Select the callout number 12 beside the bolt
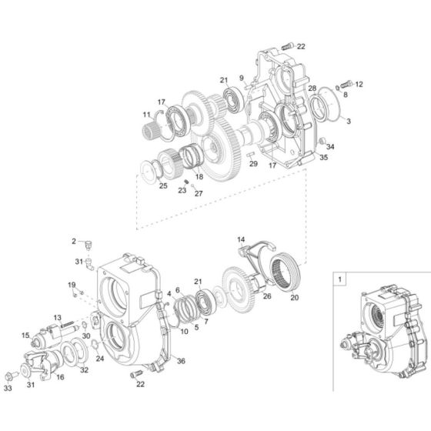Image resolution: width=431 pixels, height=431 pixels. (359, 84)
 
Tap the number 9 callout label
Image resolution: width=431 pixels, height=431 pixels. (241, 78)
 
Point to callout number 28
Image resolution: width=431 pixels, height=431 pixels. (312, 89)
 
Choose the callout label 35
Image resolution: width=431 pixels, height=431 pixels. (324, 157)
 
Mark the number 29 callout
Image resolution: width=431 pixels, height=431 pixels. (253, 165)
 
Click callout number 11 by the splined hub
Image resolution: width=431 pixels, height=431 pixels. (145, 115)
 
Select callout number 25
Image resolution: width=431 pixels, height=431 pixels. (163, 185)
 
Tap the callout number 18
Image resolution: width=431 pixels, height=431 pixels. (199, 177)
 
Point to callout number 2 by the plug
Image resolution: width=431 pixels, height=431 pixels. (75, 242)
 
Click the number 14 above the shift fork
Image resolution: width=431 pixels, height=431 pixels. (240, 240)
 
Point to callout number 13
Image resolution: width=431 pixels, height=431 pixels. (58, 318)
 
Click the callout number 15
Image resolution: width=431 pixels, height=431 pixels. (25, 335)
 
